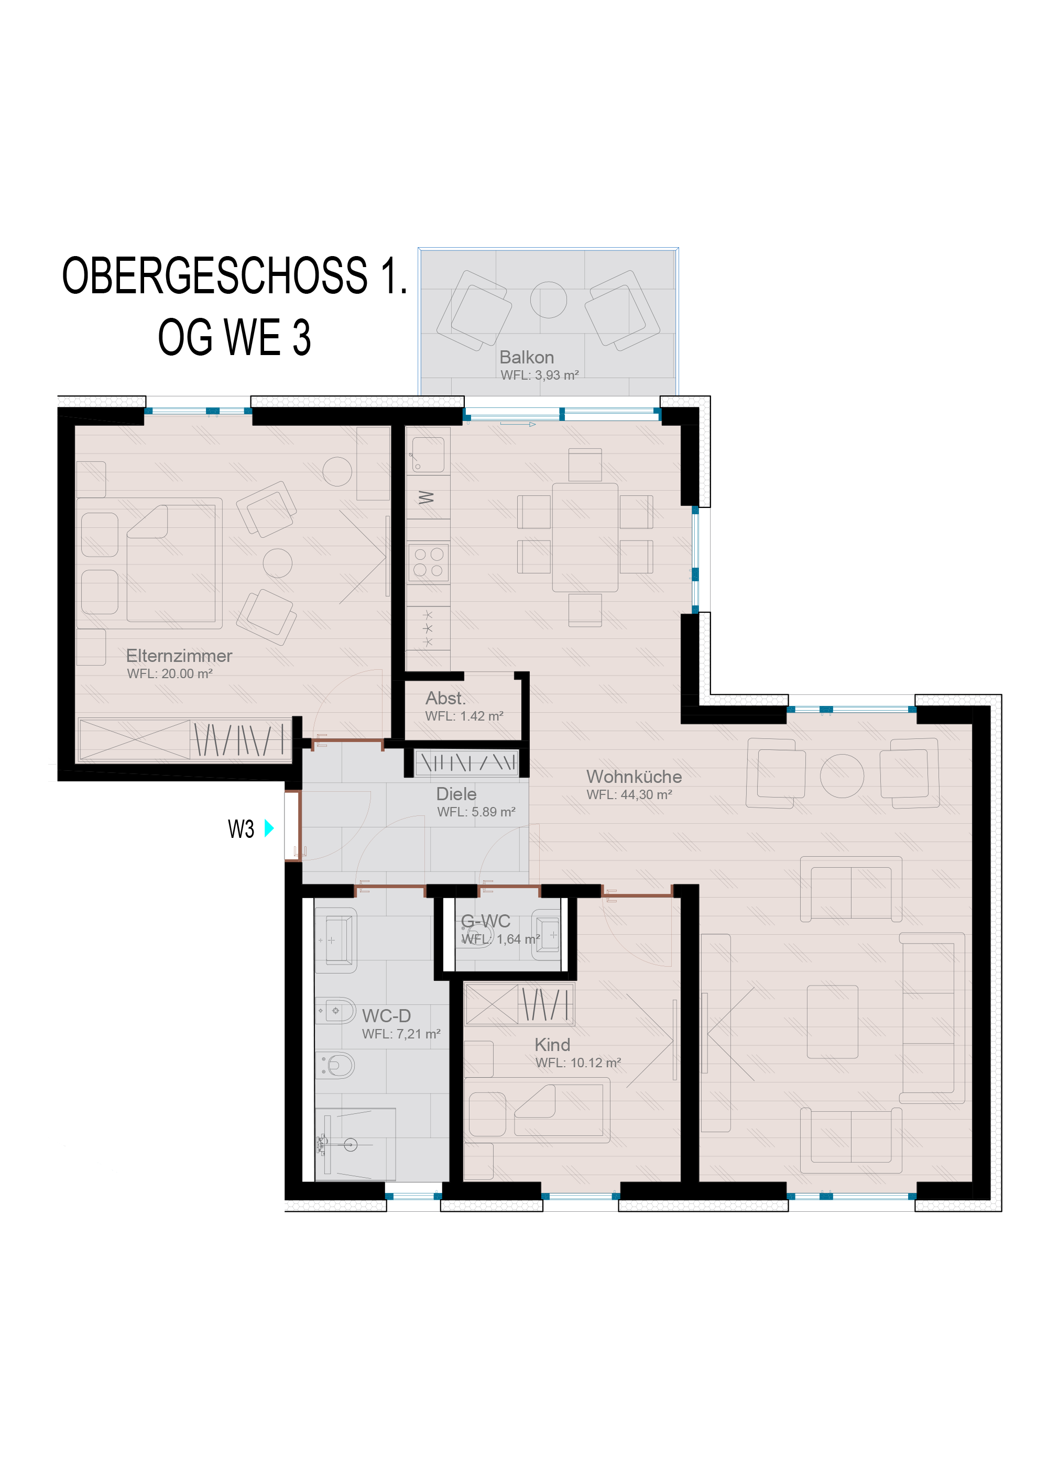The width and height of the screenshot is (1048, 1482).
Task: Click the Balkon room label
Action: click(526, 357)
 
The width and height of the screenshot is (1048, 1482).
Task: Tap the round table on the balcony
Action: click(548, 300)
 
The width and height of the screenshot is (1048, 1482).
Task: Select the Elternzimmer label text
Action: click(179, 656)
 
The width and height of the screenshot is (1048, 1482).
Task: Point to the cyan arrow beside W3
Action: click(269, 828)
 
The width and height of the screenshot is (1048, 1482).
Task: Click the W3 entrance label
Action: click(241, 829)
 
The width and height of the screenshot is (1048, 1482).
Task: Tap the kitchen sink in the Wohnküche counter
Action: click(428, 455)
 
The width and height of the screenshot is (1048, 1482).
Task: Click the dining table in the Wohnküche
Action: click(585, 537)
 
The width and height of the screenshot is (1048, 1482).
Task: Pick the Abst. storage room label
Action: click(445, 699)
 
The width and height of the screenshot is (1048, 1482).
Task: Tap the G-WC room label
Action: click(486, 921)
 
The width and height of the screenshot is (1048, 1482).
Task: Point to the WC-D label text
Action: click(386, 1015)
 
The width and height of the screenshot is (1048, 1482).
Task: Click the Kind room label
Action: click(552, 1044)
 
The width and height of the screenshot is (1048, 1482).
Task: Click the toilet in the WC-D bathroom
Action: click(336, 1065)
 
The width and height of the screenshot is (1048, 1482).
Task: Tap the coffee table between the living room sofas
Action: click(832, 1021)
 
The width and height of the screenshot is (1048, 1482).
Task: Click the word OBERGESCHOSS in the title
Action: click(214, 275)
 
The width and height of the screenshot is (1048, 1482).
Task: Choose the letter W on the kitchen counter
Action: click(426, 497)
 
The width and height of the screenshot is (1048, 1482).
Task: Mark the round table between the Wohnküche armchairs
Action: click(842, 776)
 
